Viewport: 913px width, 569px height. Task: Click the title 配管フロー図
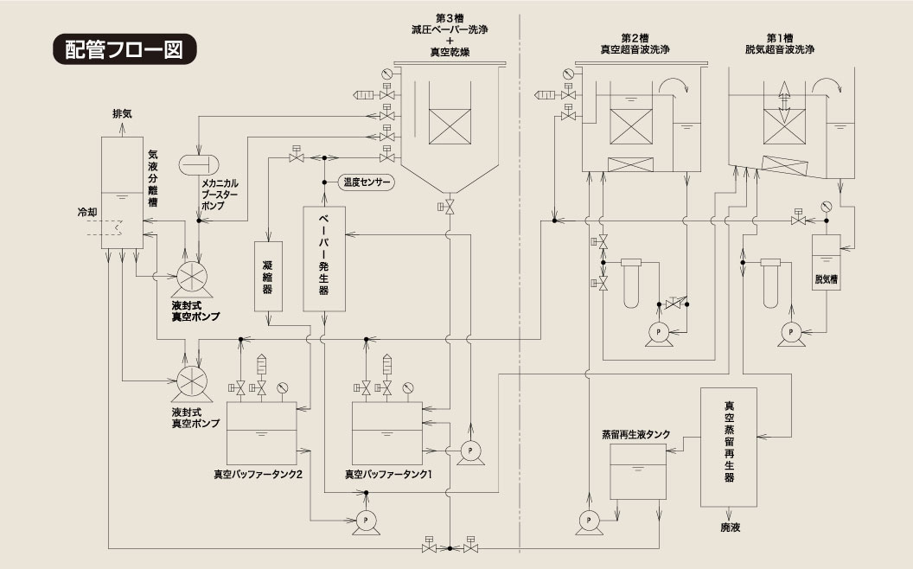[124, 49]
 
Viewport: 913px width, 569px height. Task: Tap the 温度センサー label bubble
[367, 182]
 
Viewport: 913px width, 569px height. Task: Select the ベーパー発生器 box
[324, 259]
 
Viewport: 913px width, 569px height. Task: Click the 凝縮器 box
[268, 276]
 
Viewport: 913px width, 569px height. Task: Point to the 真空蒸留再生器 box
[729, 447]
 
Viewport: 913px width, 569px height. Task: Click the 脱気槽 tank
[827, 262]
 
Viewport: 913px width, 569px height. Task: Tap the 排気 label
[122, 113]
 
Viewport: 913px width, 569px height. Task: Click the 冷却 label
[87, 213]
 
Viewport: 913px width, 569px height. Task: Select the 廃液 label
[731, 527]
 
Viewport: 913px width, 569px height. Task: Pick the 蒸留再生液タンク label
[635, 434]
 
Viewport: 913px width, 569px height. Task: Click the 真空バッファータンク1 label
[388, 475]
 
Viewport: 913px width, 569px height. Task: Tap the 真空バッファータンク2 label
[258, 475]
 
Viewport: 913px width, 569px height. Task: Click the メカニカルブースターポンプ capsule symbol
[197, 164]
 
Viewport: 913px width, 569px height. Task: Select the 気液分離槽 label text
[152, 178]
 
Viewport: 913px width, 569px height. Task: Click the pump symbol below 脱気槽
[790, 333]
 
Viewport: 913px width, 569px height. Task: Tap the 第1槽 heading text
[780, 38]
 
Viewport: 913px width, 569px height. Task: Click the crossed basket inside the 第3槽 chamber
[450, 126]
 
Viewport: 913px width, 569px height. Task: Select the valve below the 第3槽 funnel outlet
[449, 206]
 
